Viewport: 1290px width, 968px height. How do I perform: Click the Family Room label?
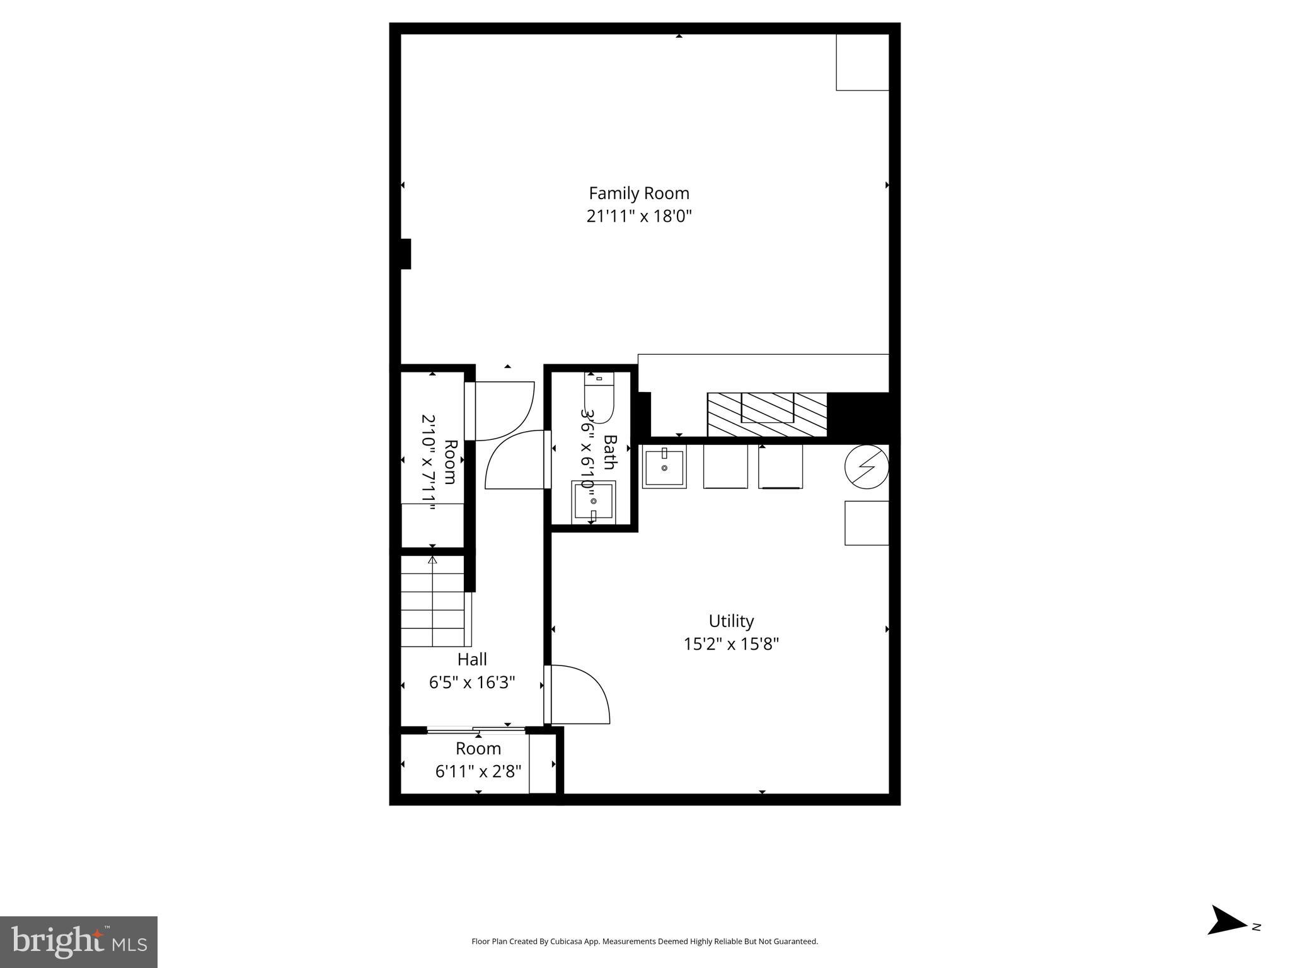click(x=638, y=193)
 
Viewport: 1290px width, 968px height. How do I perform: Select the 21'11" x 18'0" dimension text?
click(x=638, y=217)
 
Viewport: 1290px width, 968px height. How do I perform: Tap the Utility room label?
click(x=731, y=621)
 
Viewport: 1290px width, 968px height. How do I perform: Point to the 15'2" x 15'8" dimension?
click(x=731, y=644)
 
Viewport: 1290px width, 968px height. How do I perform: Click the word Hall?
click(x=472, y=660)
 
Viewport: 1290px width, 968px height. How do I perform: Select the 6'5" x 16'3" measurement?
click(x=472, y=683)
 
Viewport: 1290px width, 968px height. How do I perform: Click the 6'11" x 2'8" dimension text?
click(x=478, y=771)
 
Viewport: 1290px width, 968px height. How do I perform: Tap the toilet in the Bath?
click(x=599, y=398)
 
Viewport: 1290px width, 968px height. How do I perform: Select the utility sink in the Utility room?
click(x=664, y=467)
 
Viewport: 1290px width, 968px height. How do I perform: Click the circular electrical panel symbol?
click(x=867, y=467)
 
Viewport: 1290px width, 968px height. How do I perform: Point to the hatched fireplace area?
click(x=766, y=414)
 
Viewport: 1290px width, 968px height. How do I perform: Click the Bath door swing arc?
click(x=514, y=460)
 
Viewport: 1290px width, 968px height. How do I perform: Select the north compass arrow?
click(x=1226, y=937)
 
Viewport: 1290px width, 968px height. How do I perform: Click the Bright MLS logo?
click(x=79, y=942)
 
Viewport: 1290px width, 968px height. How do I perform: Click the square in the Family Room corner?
click(x=862, y=62)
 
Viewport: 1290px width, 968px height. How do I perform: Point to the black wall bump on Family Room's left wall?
click(x=405, y=254)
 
